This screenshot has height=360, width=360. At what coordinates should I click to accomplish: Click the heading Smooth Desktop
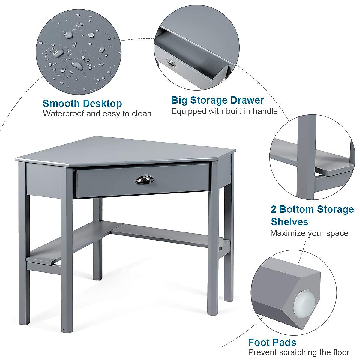82,103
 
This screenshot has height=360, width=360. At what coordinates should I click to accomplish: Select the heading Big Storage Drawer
217,100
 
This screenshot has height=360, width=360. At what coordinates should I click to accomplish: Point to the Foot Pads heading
272,342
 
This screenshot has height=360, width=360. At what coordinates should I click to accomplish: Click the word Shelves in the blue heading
289,222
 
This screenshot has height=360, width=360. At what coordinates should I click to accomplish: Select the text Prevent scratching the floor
298,352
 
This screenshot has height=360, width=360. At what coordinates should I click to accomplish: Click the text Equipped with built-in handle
224,111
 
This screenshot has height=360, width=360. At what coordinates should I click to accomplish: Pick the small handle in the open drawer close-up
170,63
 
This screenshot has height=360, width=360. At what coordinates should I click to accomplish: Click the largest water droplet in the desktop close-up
58,54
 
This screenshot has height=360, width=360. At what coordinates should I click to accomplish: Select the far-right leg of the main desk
229,240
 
